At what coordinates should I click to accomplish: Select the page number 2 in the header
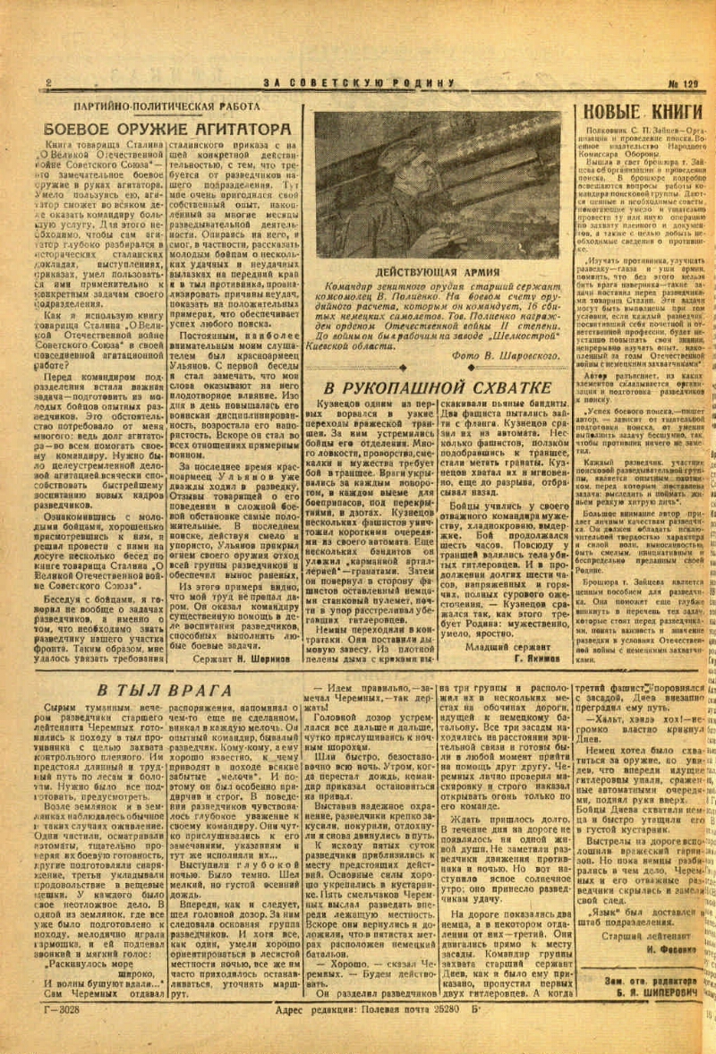[x=48, y=83]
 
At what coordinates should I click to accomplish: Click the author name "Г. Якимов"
[x=533, y=658]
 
